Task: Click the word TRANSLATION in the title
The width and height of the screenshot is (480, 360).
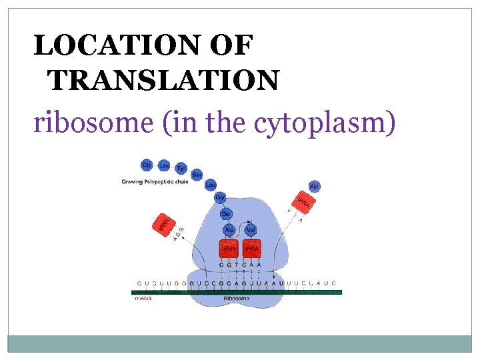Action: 163,81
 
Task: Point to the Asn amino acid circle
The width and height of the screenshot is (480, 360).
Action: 315,187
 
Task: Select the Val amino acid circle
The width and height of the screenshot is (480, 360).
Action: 251,229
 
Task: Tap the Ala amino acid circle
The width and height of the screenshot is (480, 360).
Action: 229,229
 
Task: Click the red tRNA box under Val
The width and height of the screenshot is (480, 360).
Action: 251,249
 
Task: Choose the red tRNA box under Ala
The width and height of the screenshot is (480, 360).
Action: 229,249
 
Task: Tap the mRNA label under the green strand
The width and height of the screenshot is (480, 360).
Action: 143,299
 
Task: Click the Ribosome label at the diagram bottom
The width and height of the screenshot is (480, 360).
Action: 237,299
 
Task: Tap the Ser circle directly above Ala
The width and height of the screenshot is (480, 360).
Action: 226,213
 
